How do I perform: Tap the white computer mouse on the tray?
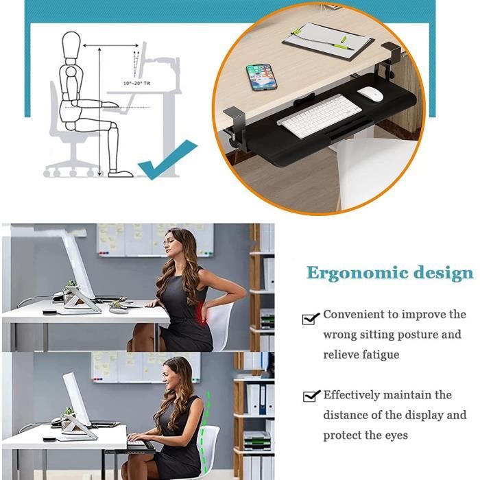tap(370, 94)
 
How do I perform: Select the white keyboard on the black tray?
tap(319, 116)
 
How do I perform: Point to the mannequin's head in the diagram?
tap(72, 47)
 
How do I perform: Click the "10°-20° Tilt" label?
tap(137, 83)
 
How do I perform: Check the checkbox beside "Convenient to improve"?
tap(311, 317)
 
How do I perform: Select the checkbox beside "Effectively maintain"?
tap(311, 396)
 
